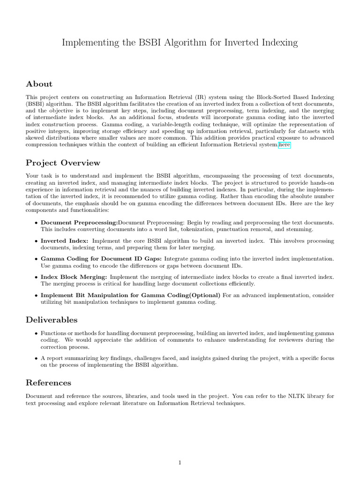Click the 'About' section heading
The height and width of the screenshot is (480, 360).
[x=39, y=84]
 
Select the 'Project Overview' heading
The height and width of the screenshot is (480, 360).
[x=63, y=163]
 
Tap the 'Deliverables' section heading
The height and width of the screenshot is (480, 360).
[x=52, y=320]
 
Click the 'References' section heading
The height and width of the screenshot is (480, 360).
[x=49, y=383]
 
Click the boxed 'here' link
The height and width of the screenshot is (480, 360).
[x=285, y=146]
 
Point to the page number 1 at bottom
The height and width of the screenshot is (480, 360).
[x=180, y=463]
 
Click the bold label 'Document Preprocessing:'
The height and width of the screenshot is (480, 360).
[x=79, y=222]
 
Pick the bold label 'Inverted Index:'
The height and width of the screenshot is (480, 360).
[x=64, y=240]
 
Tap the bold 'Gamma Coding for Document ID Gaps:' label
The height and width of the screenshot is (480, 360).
[x=102, y=259]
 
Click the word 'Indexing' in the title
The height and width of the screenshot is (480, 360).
[x=278, y=43]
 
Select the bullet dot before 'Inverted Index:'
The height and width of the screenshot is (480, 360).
[x=36, y=241]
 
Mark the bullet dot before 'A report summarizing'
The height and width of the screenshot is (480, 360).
[x=36, y=358]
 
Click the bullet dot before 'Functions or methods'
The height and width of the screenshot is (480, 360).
[x=36, y=333]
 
